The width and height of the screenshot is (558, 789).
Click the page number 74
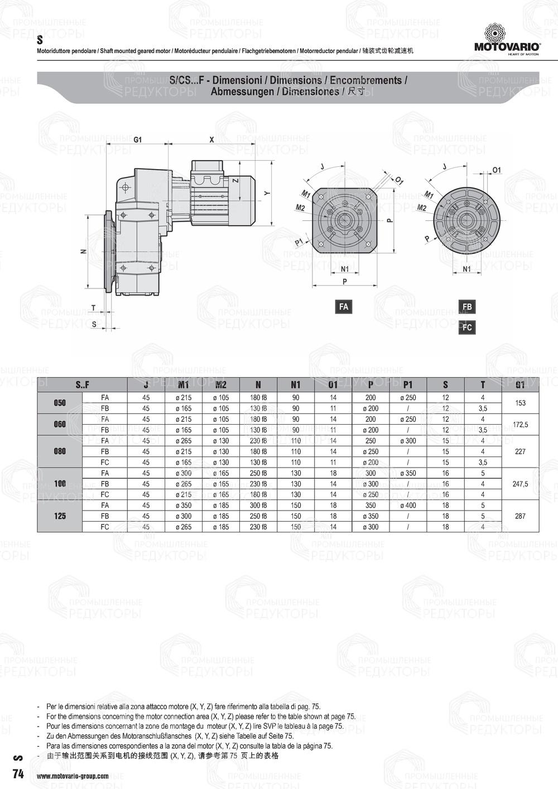click(x=18, y=774)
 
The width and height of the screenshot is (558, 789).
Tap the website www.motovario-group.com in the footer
click(x=73, y=776)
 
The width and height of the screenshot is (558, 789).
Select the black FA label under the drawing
click(x=344, y=306)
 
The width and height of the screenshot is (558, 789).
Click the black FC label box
click(x=467, y=327)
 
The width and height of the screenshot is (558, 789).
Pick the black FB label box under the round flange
click(x=467, y=306)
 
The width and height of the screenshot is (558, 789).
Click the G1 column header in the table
click(x=520, y=384)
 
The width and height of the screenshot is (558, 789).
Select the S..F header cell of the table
click(x=82, y=384)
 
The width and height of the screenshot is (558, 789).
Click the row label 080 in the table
click(x=60, y=451)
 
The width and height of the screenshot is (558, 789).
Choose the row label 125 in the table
click(x=60, y=516)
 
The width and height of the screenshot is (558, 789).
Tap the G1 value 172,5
click(x=520, y=425)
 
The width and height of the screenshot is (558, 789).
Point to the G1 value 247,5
click(x=520, y=484)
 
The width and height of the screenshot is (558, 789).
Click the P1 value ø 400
click(x=408, y=506)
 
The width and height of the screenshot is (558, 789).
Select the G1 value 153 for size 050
click(x=520, y=403)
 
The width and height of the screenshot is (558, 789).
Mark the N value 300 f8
click(x=258, y=506)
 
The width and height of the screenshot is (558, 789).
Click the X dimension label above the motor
click(x=211, y=139)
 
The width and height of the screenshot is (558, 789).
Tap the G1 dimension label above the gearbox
click(x=137, y=139)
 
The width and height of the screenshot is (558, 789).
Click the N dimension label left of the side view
click(x=83, y=252)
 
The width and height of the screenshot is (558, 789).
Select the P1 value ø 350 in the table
click(x=408, y=473)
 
